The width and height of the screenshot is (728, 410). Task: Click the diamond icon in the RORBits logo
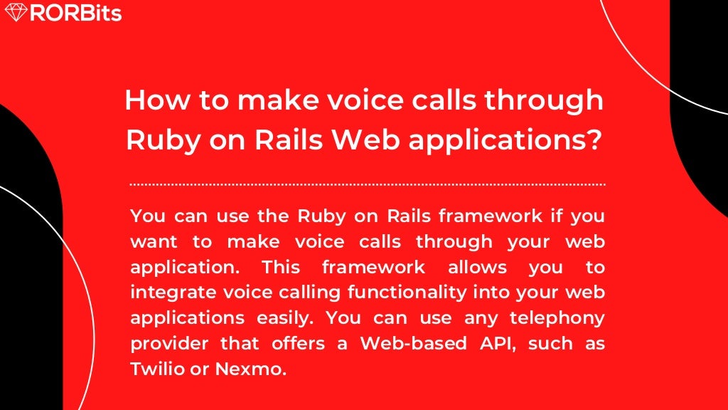[x=15, y=12]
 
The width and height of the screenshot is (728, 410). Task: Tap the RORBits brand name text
[x=75, y=13]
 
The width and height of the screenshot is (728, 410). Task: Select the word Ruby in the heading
[x=159, y=140]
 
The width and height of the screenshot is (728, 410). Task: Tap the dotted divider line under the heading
[x=368, y=184]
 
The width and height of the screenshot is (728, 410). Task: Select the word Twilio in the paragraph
[x=155, y=369]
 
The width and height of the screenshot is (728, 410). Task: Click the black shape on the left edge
[x=28, y=285]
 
